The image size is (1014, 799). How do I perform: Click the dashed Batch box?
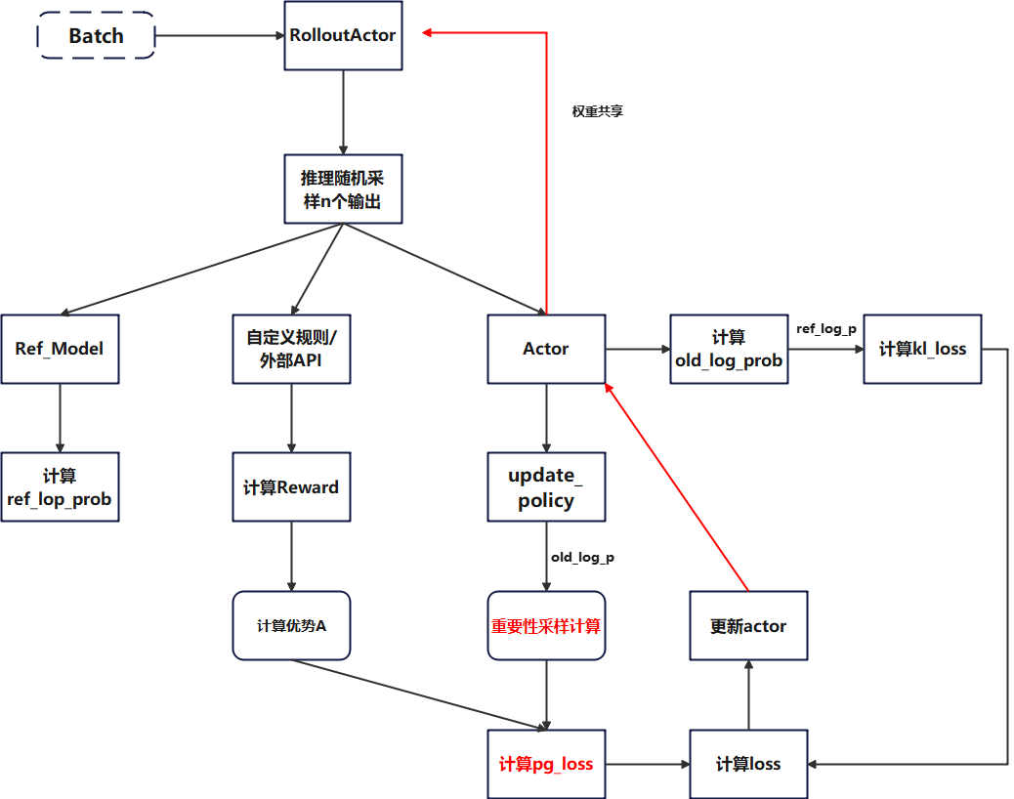point(96,36)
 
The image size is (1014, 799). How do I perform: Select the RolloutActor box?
point(343,35)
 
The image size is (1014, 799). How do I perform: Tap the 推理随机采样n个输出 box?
point(343,189)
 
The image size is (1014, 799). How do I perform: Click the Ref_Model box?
point(60,349)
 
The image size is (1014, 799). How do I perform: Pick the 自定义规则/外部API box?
point(291,349)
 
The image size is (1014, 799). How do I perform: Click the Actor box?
point(546,349)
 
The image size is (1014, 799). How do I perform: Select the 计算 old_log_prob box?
point(729,349)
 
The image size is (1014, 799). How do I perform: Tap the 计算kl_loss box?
point(922,349)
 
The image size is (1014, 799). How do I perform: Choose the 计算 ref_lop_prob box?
point(60,486)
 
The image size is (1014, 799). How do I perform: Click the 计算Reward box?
point(291,486)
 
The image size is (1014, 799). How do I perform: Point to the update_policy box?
point(546,486)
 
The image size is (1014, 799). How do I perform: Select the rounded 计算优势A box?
point(291,625)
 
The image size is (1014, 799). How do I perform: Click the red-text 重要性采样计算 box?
point(546,625)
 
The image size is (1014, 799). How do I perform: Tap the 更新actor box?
point(748,625)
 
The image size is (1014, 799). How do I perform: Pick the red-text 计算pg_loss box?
point(546,764)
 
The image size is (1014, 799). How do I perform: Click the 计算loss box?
point(748,764)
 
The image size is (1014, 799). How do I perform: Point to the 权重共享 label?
point(597,111)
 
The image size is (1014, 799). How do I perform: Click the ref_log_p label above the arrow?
point(826,329)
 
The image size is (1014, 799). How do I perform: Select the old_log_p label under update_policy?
point(582,557)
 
